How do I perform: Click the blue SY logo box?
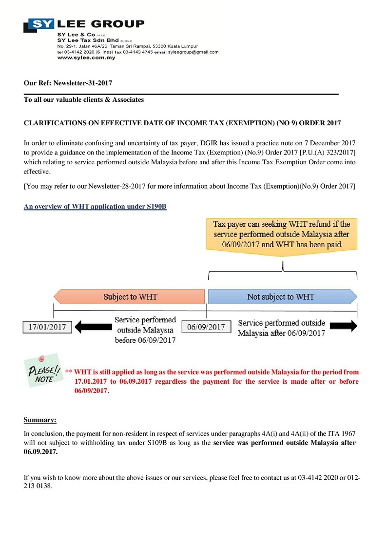tap(41, 24)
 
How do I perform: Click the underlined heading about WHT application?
tap(95, 207)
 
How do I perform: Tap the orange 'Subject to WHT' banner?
tap(129, 296)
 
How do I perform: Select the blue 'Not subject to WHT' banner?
tap(282, 296)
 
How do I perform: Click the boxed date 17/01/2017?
tap(47, 327)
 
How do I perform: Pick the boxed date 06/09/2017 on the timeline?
tap(206, 327)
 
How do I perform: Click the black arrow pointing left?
tap(93, 327)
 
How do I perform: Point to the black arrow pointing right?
tap(346, 327)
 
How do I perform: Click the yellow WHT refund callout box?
tap(281, 234)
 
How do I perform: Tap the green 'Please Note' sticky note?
tap(43, 372)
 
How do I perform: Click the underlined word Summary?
tap(40, 420)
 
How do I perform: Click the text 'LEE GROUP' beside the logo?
tap(100, 24)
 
